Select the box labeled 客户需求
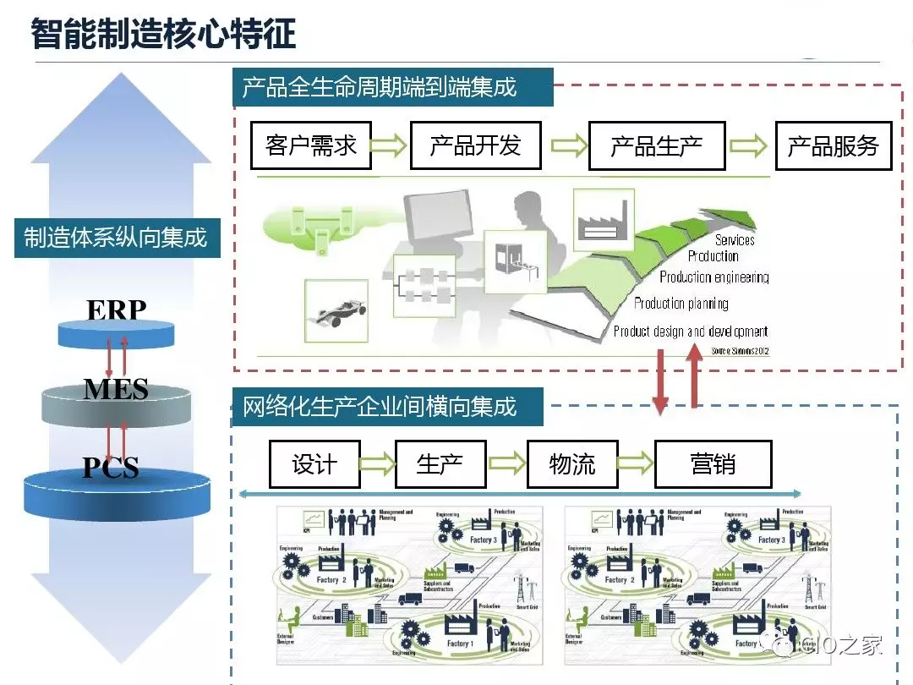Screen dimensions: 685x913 [x=311, y=145]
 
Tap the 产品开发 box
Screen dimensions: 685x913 [x=475, y=145]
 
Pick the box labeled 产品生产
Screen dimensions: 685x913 [x=656, y=145]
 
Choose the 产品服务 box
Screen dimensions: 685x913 [x=834, y=145]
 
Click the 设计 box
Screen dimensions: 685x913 [x=314, y=463]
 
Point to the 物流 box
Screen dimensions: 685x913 [x=572, y=463]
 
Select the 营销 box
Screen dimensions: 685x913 [x=713, y=463]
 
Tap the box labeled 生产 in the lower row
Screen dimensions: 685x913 [x=440, y=463]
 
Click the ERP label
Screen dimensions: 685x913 [x=116, y=310]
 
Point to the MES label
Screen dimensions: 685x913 [x=116, y=389]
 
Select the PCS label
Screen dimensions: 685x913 [x=111, y=468]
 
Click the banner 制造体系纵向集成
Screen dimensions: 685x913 [x=116, y=238]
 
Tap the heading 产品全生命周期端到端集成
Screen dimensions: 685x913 [x=380, y=86]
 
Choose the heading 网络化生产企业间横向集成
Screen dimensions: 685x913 [x=380, y=407]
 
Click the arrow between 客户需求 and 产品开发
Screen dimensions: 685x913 [x=390, y=145]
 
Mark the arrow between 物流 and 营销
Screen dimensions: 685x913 [x=637, y=463]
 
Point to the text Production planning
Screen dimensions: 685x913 [x=681, y=303]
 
